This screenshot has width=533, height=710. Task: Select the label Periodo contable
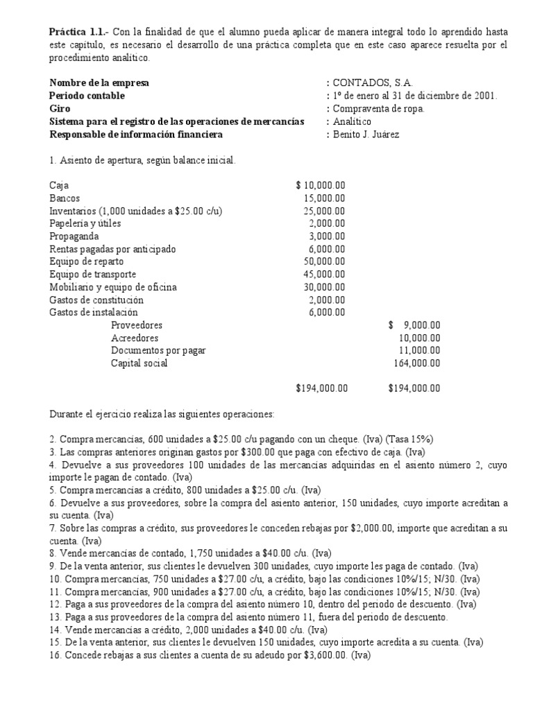87,96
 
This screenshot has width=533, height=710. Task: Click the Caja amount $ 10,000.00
321,185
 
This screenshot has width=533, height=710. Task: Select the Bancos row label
65,198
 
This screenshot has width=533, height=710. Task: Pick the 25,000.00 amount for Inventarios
324,211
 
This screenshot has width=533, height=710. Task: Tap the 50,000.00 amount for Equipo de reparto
324,261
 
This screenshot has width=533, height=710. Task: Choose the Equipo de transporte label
92,274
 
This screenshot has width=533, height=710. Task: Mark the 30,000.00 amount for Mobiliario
324,287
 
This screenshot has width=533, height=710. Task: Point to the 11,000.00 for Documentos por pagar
419,350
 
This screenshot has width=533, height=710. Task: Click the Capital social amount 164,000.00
417,363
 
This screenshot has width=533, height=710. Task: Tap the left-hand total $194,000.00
321,388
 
